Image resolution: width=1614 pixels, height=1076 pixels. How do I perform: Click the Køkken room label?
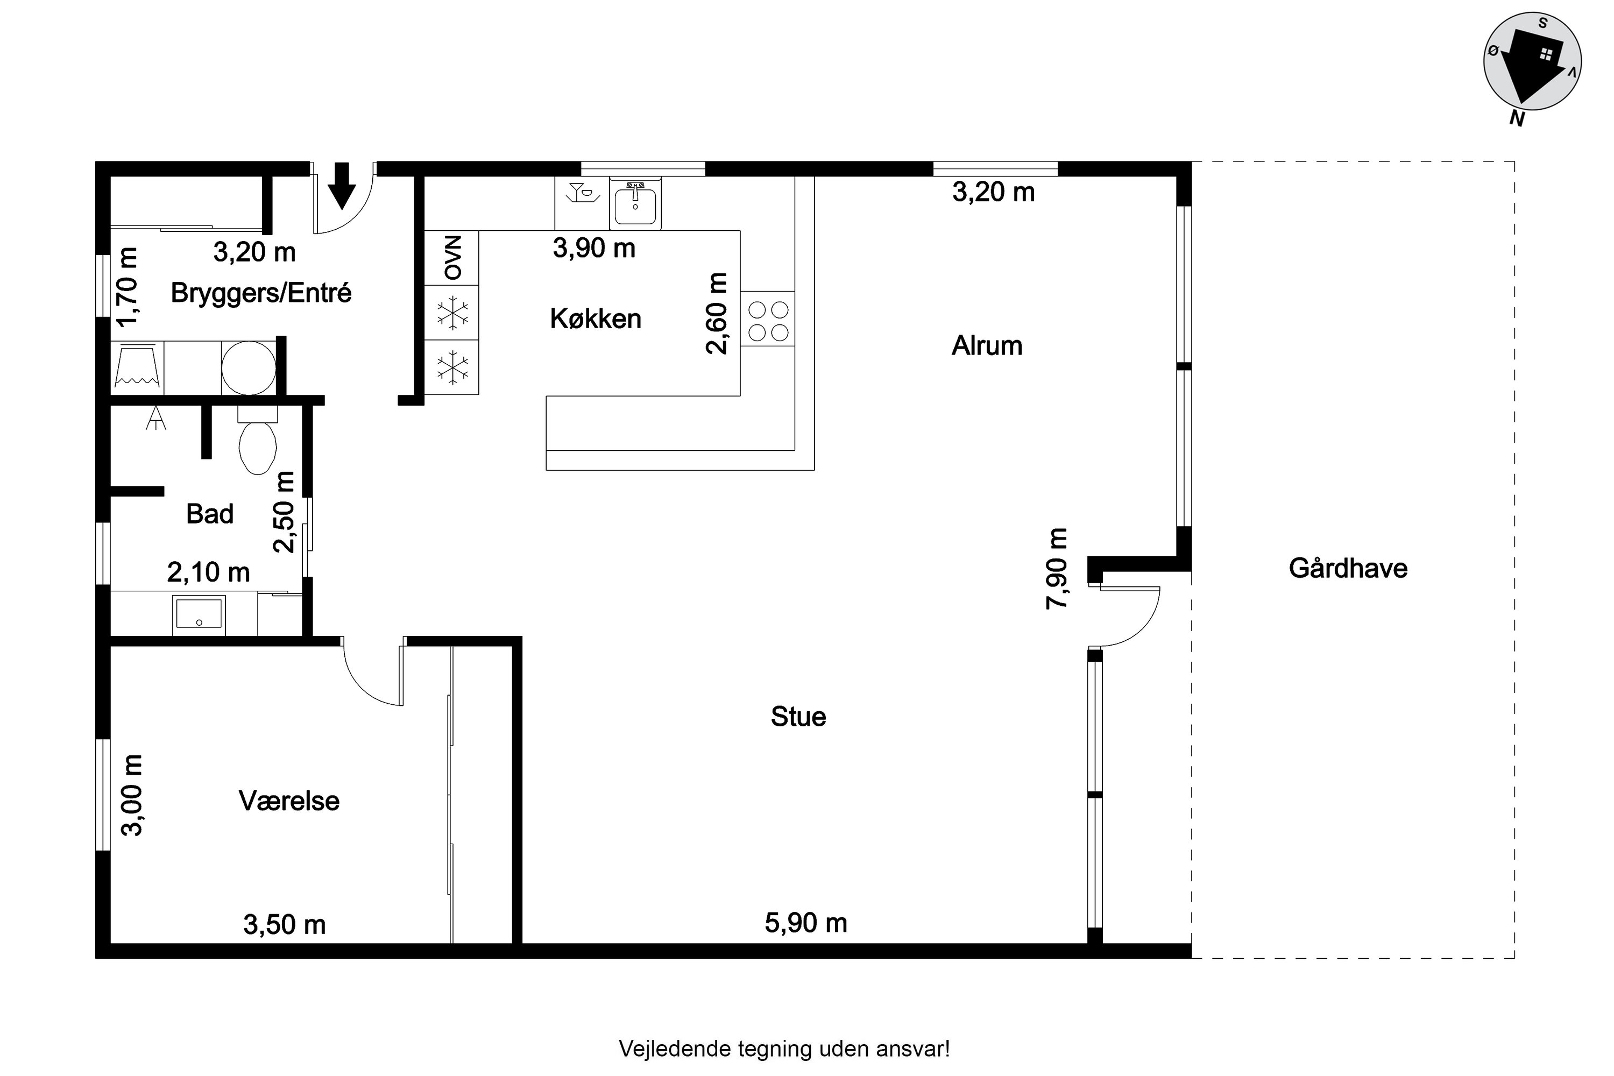(x=595, y=319)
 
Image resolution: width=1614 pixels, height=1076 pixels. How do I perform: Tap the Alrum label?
(x=987, y=346)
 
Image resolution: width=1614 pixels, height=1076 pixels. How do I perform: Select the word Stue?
(x=798, y=717)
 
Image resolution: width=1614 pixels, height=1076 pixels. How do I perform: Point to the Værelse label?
(x=289, y=801)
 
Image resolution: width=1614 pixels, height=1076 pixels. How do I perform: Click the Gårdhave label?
(x=1348, y=568)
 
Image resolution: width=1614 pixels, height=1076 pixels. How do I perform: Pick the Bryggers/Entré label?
(x=261, y=293)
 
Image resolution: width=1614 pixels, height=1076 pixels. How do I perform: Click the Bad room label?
(x=210, y=514)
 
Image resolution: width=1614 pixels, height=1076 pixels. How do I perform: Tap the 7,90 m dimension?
(x=1057, y=568)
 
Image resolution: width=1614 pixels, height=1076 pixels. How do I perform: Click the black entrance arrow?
(x=341, y=185)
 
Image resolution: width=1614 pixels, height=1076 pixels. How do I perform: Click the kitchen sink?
(x=635, y=204)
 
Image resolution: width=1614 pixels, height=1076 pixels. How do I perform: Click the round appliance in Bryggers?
(x=249, y=368)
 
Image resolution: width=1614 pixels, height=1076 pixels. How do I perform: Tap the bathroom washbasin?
(x=199, y=613)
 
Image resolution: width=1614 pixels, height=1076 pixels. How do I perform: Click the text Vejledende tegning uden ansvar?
(x=784, y=1049)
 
